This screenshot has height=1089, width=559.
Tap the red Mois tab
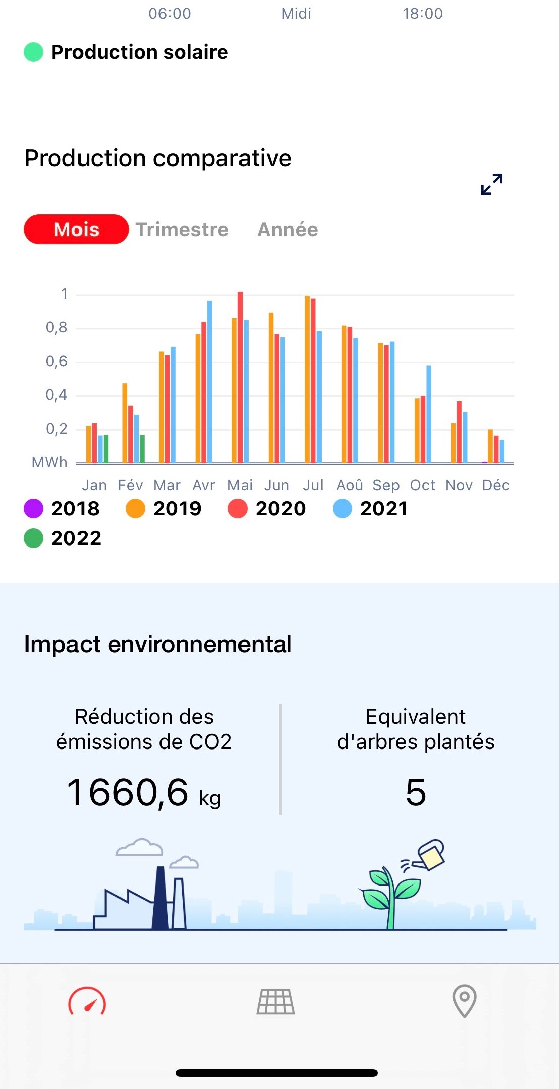pos(76,230)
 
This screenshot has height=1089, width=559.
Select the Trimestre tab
pos(182,230)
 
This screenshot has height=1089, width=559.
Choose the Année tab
pos(288,230)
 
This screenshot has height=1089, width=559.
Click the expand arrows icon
pos(492,184)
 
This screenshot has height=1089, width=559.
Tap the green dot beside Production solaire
pos(34,52)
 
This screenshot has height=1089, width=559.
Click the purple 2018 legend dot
pos(34,509)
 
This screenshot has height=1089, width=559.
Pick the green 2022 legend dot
pos(34,538)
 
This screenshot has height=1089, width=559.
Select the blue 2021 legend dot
pos(342,509)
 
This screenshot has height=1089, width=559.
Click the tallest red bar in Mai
pos(241,378)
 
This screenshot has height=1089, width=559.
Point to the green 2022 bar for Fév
pos(142,449)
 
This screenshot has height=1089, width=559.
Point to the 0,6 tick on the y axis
pos(57,361)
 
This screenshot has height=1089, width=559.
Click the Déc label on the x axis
pos(496,485)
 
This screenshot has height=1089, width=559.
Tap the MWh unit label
pos(49,462)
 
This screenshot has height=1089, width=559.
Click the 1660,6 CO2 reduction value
pos(128,793)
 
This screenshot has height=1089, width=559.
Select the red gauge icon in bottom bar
pos(87,1001)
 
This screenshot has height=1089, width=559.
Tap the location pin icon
pos(465,1001)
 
